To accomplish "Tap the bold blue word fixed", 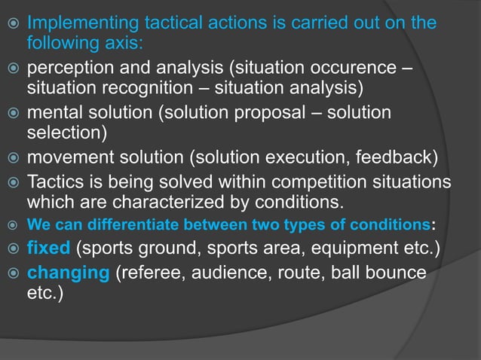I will [49, 249].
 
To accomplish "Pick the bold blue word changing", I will [68, 272].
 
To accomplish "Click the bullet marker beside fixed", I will [11, 249].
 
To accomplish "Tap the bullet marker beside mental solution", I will [11, 114].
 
